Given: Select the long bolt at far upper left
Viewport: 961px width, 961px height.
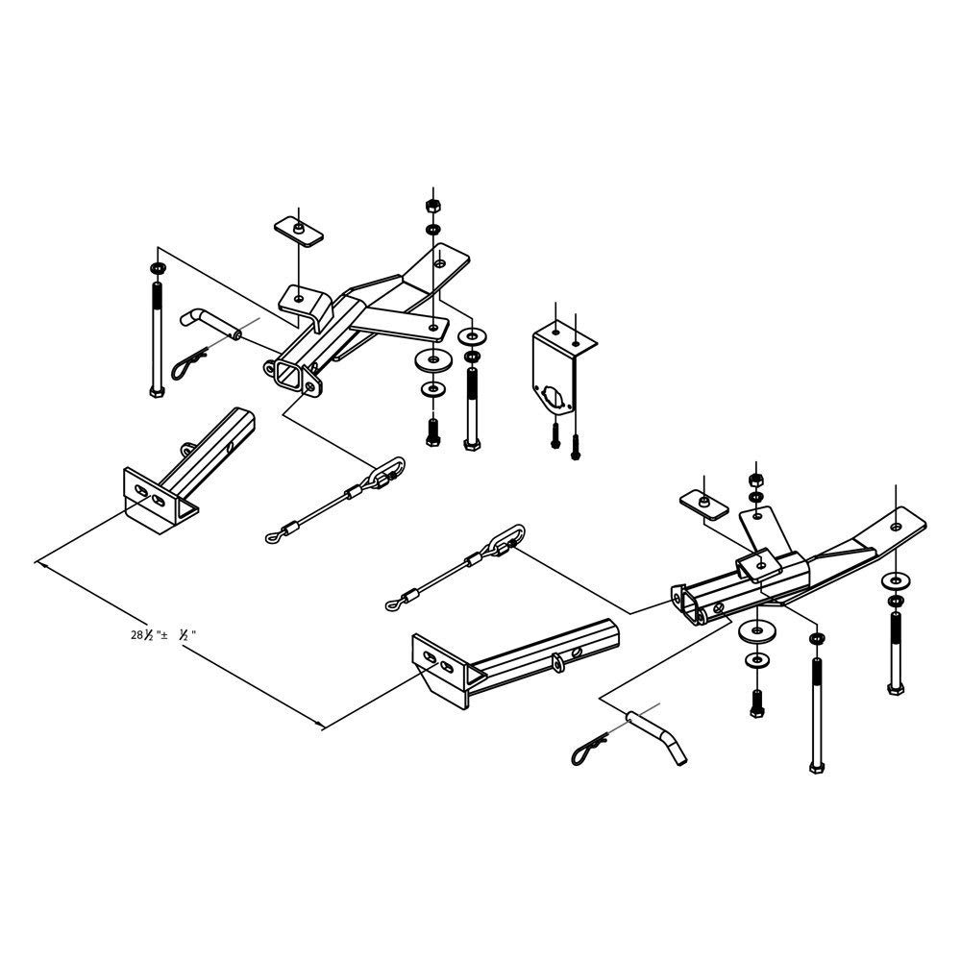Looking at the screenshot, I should (x=156, y=332).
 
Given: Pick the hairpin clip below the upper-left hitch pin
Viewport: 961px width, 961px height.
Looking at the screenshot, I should (x=189, y=364).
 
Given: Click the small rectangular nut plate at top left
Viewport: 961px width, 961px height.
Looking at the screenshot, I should (x=299, y=232).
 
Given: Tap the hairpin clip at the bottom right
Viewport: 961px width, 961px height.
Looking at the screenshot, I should (x=591, y=748).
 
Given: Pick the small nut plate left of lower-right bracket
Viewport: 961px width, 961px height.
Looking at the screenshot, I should (x=702, y=505).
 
